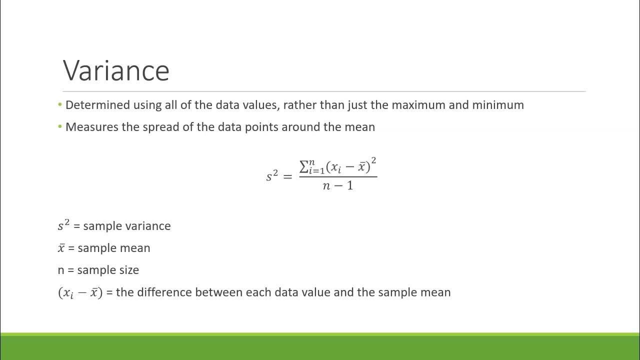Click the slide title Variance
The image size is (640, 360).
[x=116, y=70]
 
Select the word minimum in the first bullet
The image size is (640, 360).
[x=500, y=105]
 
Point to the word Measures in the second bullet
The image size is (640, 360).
[x=92, y=127]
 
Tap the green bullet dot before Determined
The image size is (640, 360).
[x=60, y=104]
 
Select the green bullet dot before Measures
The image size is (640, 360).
[x=60, y=126]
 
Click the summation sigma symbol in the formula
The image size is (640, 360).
[x=303, y=166]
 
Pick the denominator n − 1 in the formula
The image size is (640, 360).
[x=338, y=185]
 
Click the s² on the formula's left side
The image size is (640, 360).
[x=272, y=175]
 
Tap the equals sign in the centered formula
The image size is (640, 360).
[x=287, y=176]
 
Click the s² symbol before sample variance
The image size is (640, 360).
[x=63, y=225]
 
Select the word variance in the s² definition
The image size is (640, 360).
[x=148, y=226]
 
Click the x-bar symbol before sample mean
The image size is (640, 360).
[x=61, y=248]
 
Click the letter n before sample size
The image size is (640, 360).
[x=61, y=270]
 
